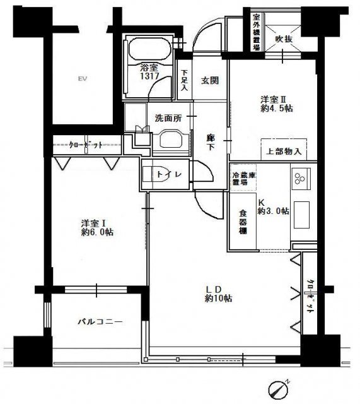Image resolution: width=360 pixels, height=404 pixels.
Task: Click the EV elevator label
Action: [x=81, y=79]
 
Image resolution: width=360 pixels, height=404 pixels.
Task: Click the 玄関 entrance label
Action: [x=209, y=81]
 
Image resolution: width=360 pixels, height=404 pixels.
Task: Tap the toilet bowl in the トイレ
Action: [x=160, y=176]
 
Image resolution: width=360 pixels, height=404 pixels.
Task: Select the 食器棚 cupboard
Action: [x=242, y=222]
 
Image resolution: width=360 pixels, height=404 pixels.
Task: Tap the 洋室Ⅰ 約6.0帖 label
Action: [x=96, y=227]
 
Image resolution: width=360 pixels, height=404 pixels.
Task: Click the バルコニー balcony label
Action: [x=100, y=321]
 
